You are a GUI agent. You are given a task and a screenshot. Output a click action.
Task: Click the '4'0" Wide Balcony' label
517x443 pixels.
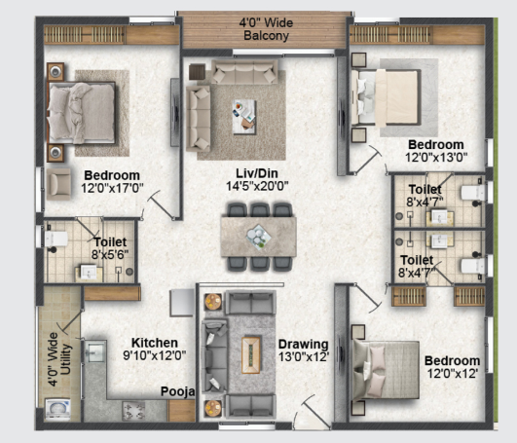[x=266, y=29]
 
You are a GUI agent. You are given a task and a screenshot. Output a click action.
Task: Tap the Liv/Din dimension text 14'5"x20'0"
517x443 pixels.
[x=257, y=186]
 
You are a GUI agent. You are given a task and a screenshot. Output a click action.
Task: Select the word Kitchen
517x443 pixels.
[x=155, y=343]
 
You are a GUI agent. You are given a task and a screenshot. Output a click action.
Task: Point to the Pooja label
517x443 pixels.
[x=177, y=392]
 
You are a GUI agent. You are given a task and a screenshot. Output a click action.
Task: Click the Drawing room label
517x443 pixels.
[x=304, y=344]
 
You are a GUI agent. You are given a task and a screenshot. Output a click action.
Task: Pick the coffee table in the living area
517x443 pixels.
[x=244, y=117]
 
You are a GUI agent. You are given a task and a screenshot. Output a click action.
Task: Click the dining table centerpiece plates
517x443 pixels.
[x=259, y=237]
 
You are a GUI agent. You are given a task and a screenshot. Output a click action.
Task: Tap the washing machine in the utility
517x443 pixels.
[x=57, y=409]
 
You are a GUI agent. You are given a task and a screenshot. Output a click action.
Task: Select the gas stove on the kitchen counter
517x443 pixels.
[x=133, y=411]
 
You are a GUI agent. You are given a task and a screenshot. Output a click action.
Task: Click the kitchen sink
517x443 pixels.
[x=95, y=351]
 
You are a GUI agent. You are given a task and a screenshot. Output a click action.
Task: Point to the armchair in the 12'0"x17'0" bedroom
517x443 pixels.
[x=58, y=184]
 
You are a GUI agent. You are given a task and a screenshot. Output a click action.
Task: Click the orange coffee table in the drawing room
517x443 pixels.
[x=251, y=354]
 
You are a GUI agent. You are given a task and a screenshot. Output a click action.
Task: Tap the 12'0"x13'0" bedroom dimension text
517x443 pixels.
[x=436, y=158]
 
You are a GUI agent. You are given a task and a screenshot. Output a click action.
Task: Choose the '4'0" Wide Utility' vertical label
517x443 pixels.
[x=59, y=359]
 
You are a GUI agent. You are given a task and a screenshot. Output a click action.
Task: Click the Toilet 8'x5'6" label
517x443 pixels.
[x=110, y=248]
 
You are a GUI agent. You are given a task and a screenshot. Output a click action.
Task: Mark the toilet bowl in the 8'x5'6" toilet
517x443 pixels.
[x=55, y=239]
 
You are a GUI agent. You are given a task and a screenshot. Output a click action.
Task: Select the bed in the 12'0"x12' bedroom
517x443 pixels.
[x=386, y=370]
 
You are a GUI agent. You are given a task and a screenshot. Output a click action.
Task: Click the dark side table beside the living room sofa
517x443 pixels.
[x=197, y=72]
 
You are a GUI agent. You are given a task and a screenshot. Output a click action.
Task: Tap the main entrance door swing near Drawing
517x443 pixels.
[x=314, y=412]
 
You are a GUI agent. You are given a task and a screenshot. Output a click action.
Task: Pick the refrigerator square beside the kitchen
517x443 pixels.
[x=182, y=303]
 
